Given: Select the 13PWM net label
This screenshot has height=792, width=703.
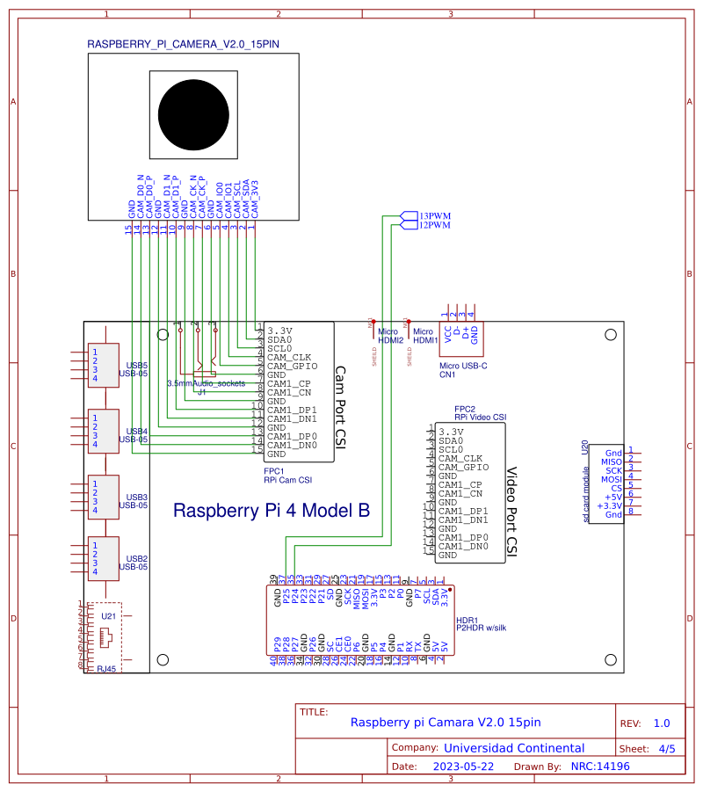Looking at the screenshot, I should [x=434, y=215].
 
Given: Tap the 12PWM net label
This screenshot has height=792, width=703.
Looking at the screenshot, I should [x=434, y=225].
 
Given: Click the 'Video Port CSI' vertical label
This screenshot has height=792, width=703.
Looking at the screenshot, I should [x=512, y=512].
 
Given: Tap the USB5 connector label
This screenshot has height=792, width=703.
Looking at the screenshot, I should [x=137, y=365].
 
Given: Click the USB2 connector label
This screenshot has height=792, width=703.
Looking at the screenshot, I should [x=137, y=559].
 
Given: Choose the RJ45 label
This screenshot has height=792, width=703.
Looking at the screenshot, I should [x=107, y=669].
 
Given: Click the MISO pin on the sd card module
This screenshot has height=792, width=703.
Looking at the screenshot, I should [x=611, y=461].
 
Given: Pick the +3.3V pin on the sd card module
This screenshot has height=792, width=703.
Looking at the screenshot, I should [x=608, y=505].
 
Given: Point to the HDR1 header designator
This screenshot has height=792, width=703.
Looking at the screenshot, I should [x=467, y=619].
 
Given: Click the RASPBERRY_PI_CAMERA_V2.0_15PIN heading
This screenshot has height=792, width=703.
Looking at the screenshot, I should [x=184, y=44].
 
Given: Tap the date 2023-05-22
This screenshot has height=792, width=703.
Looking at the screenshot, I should [x=464, y=767].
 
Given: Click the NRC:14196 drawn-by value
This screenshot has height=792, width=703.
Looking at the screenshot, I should [x=600, y=767].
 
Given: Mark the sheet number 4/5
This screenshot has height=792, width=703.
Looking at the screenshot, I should [x=667, y=749].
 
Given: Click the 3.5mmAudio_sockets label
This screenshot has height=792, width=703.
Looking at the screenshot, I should [x=207, y=384].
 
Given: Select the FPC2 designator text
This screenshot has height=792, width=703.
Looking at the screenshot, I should [x=464, y=410].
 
